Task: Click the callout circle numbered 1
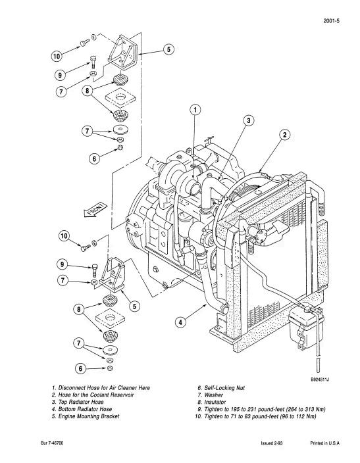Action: (195, 110)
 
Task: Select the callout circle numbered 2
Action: (284, 135)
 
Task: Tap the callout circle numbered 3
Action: (249, 120)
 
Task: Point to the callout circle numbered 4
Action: (181, 322)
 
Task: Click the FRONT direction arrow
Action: (95, 210)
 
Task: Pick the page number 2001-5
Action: (331, 21)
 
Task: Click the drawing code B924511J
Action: (320, 379)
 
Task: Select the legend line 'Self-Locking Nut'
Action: (221, 388)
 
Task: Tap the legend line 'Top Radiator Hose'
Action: (78, 402)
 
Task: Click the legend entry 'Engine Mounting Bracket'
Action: (86, 416)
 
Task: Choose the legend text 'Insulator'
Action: (212, 402)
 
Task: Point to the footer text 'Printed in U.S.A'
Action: (325, 443)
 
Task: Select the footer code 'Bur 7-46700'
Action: (52, 443)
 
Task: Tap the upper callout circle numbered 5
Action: (168, 49)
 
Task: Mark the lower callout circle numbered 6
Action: (80, 368)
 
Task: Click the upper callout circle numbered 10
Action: (57, 56)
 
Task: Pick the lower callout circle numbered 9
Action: (62, 264)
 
